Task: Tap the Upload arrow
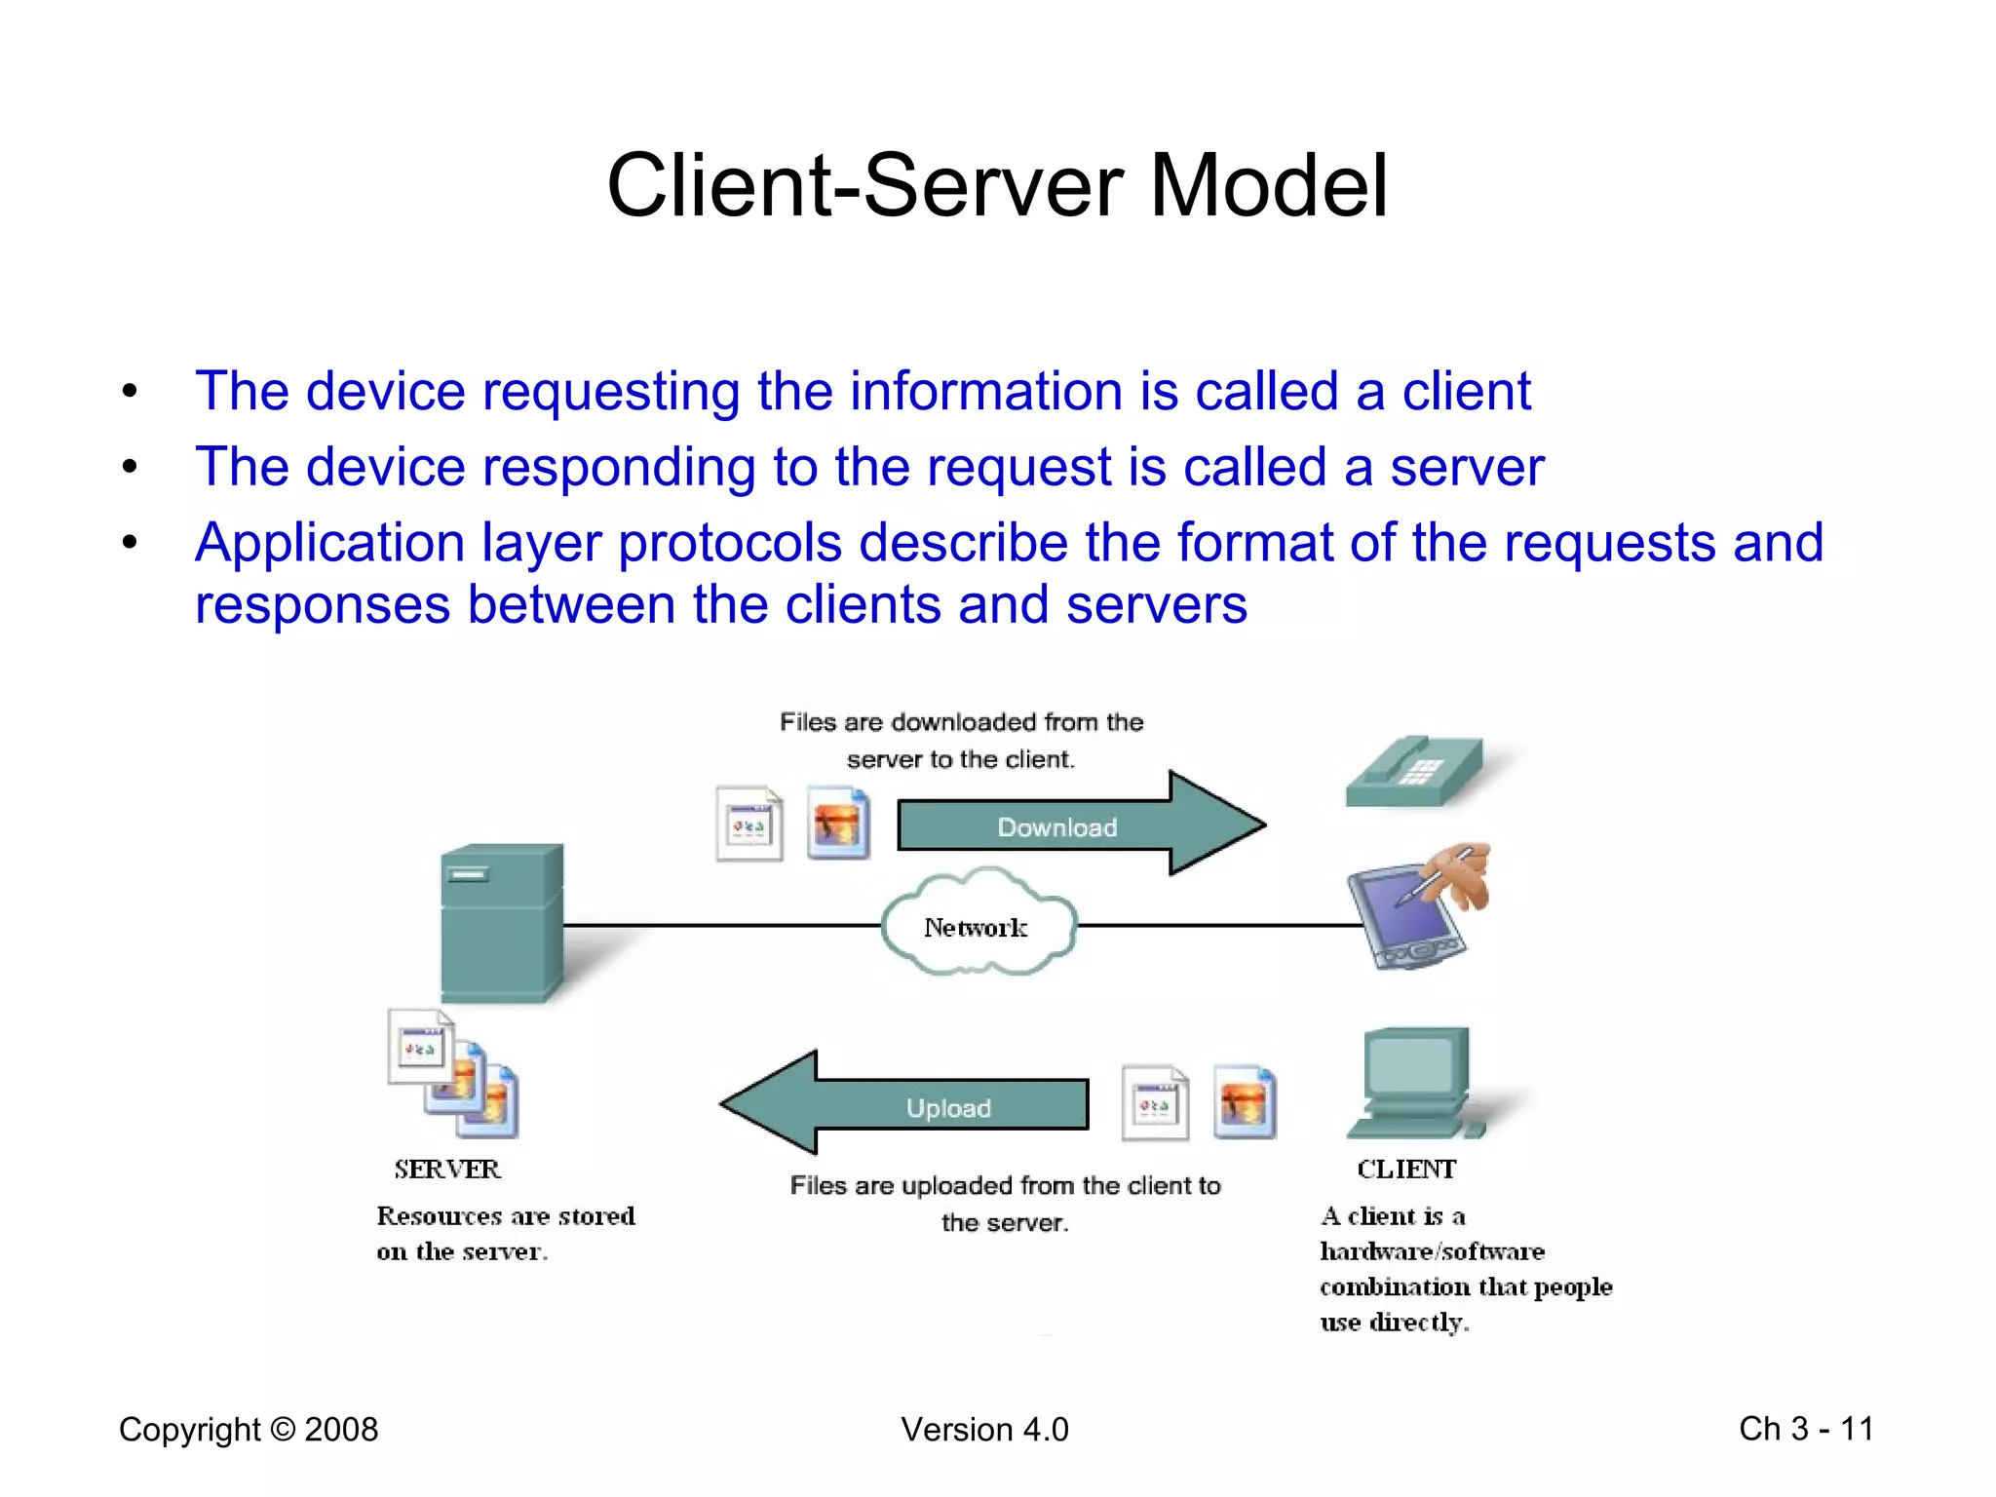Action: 916,1105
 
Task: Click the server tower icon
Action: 501,922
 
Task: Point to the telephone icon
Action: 1415,772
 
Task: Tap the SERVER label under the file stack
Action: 447,1169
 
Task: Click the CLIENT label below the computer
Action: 1406,1169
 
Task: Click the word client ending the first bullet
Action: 1466,392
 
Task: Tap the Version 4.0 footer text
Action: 984,1429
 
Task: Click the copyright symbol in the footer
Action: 283,1429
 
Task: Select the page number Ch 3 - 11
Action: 1806,1429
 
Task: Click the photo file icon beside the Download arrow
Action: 838,825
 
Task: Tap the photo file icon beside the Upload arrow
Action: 1245,1102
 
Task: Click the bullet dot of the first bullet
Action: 130,392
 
